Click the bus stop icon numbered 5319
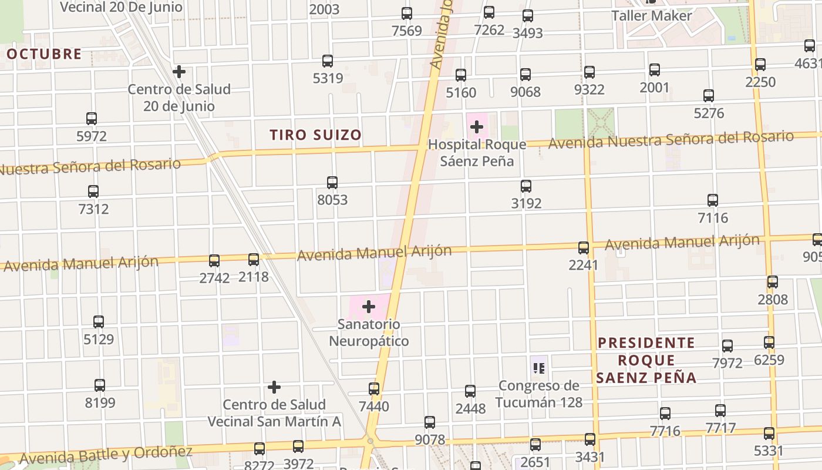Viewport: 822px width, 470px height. (328, 61)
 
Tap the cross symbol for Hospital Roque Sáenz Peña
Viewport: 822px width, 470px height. (477, 126)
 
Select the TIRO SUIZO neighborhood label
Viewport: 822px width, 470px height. (316, 135)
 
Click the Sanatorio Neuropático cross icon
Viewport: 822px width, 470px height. (369, 307)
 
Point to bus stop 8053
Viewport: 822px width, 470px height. (332, 183)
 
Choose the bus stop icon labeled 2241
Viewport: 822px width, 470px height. (584, 248)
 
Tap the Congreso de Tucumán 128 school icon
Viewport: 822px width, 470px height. (539, 368)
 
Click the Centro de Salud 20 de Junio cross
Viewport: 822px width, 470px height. (179, 72)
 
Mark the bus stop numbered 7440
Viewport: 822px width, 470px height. (374, 389)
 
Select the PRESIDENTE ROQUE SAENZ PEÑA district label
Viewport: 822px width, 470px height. (646, 360)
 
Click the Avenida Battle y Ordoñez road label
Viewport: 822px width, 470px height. (106, 455)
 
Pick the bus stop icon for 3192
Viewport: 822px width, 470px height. (526, 186)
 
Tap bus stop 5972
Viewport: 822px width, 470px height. (92, 119)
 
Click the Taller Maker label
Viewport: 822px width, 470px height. (652, 16)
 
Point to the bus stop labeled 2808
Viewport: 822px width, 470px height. (773, 282)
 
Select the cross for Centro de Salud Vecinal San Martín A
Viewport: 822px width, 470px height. (274, 387)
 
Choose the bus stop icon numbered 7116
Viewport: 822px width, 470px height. (713, 200)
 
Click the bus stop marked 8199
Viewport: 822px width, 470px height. (100, 385)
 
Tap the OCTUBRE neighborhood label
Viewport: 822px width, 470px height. (44, 54)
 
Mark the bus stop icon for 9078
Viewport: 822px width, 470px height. (430, 422)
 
